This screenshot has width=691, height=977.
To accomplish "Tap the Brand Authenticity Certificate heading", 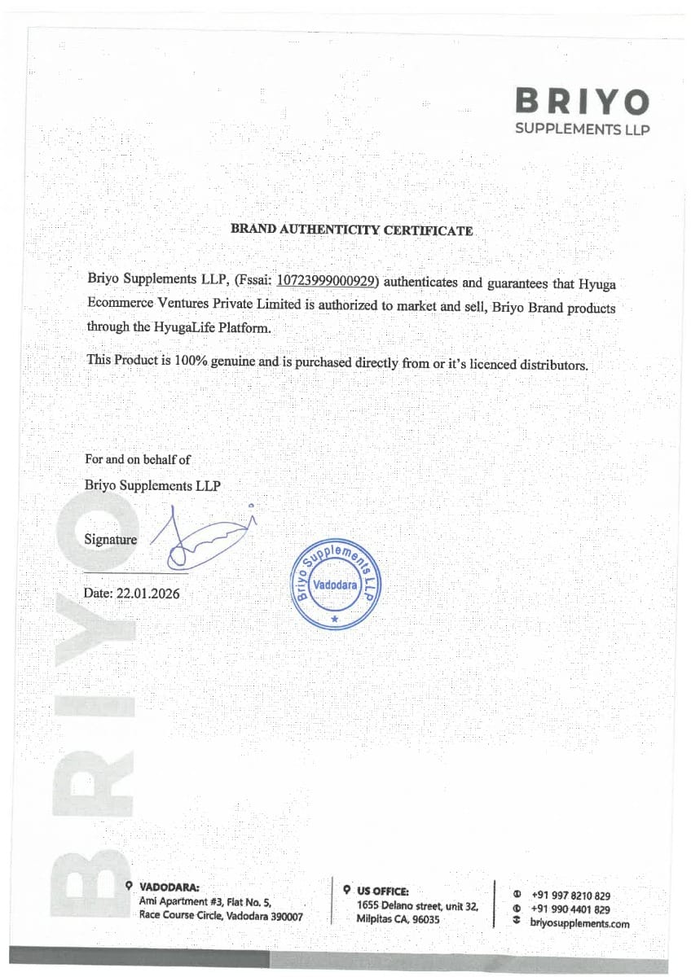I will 351,230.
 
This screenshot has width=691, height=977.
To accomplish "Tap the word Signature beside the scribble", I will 111,539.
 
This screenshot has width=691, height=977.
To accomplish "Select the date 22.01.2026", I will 148,594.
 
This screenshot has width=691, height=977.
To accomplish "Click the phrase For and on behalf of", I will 138,460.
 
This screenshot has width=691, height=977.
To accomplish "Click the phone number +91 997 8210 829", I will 570,896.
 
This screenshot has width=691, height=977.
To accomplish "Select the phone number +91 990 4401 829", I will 570,909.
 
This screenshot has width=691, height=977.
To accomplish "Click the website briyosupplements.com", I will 579,923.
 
